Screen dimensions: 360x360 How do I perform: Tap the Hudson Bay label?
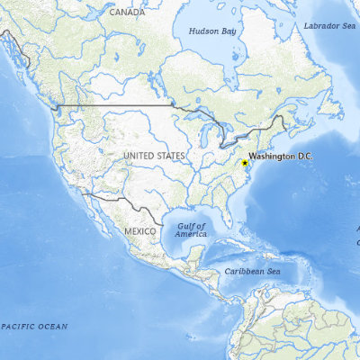click(211, 31)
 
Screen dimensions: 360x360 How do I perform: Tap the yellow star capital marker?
click(245, 162)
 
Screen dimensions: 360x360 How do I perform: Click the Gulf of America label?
click(191, 230)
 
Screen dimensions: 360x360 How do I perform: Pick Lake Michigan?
click(210, 138)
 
